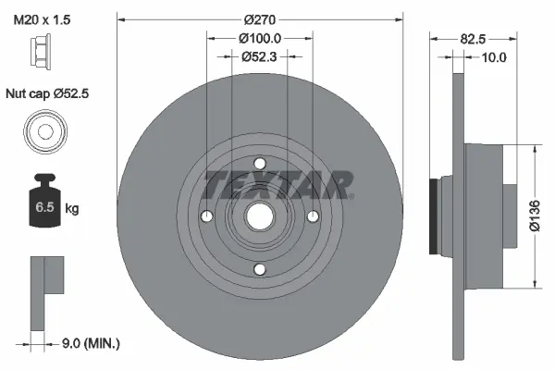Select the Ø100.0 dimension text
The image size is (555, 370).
tap(260, 38)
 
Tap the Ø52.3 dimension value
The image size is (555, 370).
tap(260, 57)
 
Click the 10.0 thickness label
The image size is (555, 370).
tap(495, 57)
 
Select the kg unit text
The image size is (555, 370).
tap(71, 209)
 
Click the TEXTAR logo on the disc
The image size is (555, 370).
tap(277, 185)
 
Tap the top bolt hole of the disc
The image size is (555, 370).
tap(260, 163)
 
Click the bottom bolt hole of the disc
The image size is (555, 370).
tap(260, 269)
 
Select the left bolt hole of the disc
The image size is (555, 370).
tap(206, 216)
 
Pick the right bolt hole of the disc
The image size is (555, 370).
tap(314, 216)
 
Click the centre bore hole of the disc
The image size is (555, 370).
tap(260, 216)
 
